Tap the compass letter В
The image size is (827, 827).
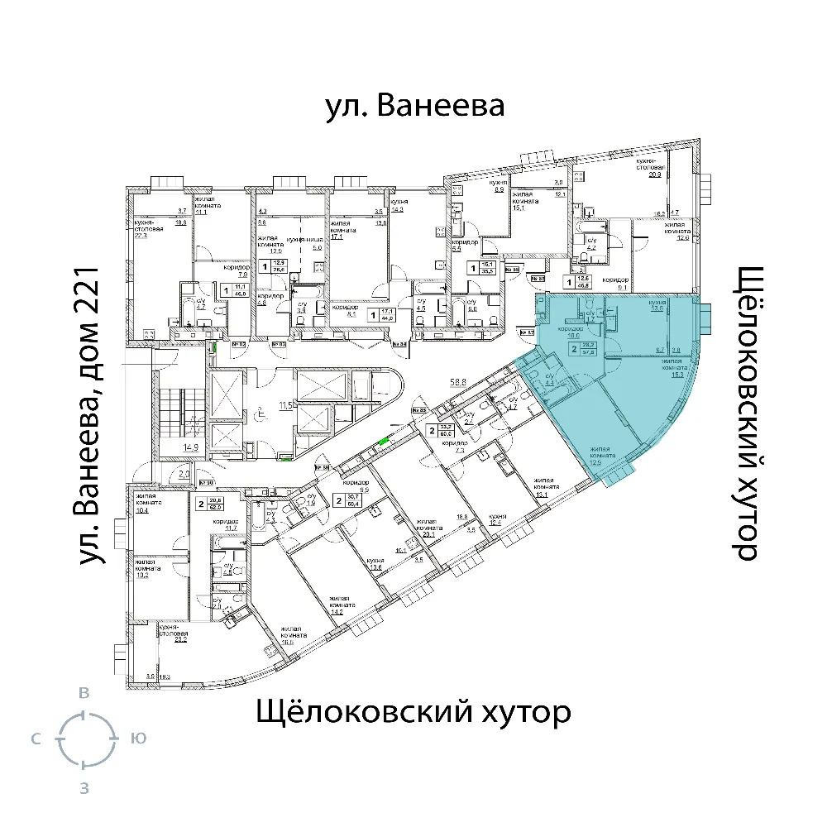83,693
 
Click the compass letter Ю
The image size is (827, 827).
138,739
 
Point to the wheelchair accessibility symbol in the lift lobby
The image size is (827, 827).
261,408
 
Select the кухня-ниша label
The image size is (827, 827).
299,239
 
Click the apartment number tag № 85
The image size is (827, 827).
418,409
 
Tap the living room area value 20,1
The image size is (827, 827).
427,533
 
